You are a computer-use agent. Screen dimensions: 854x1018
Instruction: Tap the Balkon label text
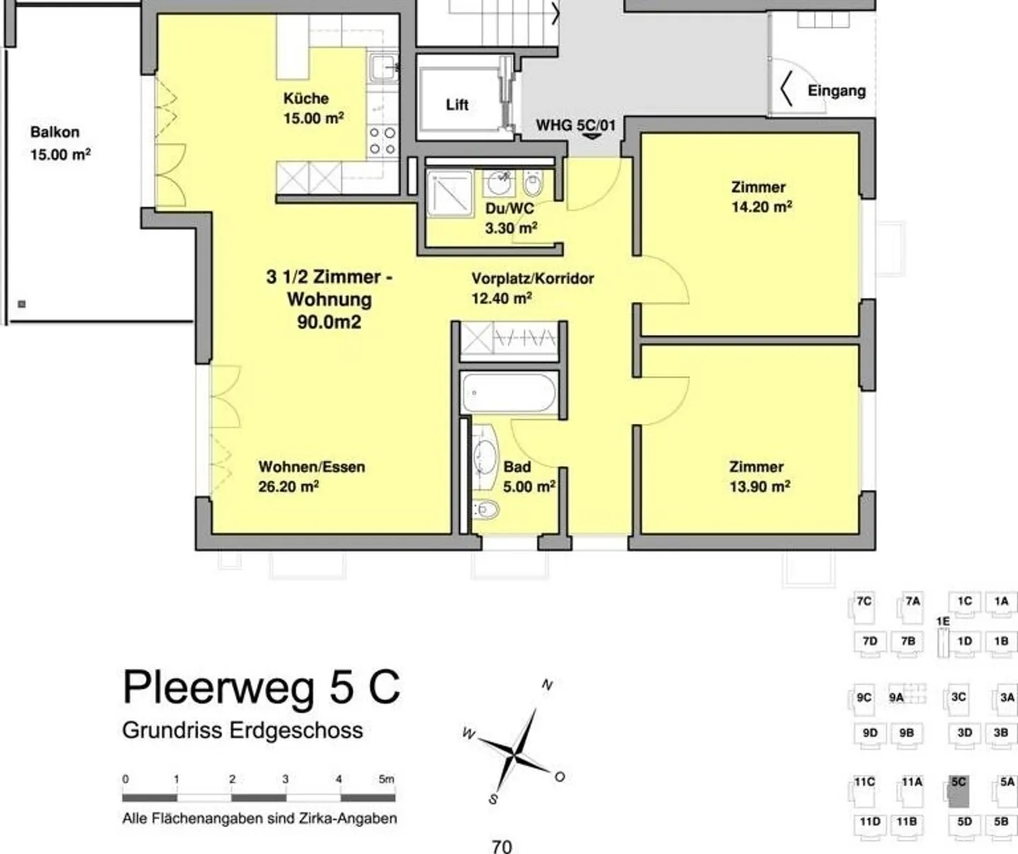coord(54,132)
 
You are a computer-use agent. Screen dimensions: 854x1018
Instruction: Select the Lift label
coord(457,105)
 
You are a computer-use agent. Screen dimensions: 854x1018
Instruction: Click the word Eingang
coord(836,90)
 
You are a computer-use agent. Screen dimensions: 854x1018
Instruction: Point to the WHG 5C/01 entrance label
coord(575,126)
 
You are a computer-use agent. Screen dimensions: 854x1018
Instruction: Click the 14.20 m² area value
coord(761,207)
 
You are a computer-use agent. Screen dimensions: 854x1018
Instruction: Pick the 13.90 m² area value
coord(759,487)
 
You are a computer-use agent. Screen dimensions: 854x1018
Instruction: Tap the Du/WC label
coord(509,208)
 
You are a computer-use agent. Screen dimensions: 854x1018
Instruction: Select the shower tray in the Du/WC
coord(449,193)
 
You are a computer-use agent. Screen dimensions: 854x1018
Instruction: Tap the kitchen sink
coord(383,69)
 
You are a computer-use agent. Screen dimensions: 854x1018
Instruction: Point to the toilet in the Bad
coord(486,509)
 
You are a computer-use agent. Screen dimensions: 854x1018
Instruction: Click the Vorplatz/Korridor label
coord(532,278)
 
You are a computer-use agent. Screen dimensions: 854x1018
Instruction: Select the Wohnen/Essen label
coord(311,467)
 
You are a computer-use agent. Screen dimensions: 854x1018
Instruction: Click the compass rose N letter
coord(546,684)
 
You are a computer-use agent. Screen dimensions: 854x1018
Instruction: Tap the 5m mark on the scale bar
coord(386,779)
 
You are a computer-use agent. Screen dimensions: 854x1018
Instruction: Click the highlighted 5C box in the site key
coord(959,792)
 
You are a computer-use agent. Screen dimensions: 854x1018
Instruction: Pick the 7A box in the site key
coord(912,606)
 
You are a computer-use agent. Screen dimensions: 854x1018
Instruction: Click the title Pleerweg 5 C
coord(262,687)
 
